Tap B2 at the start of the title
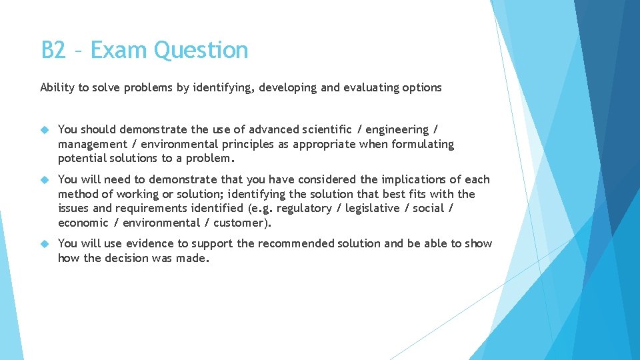point(53,50)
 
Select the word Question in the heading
point(201,50)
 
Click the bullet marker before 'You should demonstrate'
point(45,129)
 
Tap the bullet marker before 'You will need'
point(45,179)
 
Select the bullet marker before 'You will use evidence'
point(45,243)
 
